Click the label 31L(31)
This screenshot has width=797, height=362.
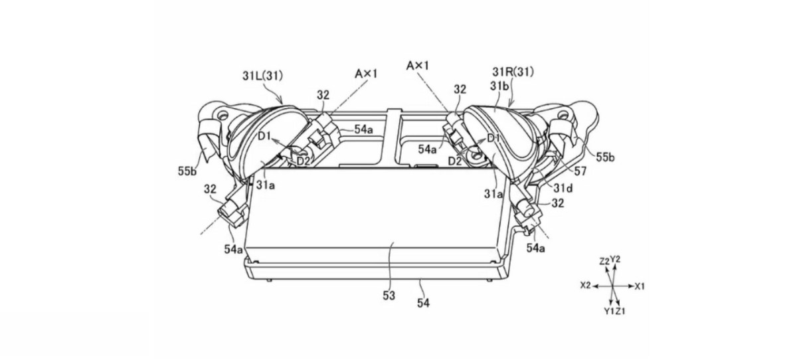tap(262, 76)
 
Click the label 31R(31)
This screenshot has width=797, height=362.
tap(513, 72)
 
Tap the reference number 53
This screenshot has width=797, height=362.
tap(389, 296)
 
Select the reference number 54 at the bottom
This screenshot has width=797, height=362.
tap(423, 304)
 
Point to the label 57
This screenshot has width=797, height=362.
tap(580, 171)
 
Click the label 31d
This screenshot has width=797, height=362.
tap(563, 188)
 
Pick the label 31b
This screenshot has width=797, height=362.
tap(499, 86)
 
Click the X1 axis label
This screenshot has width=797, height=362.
tap(640, 286)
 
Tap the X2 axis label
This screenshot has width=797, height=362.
tap(585, 286)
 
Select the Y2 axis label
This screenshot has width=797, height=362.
tap(615, 259)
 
